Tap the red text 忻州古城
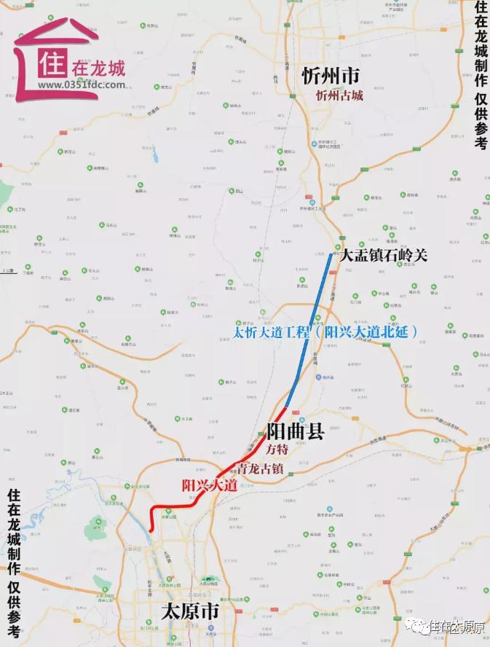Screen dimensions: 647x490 339,95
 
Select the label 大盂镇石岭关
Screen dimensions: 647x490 384,255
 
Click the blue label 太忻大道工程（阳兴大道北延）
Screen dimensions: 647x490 325,332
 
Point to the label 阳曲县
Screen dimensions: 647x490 295,431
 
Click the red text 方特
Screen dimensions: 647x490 277,450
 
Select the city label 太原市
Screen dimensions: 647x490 192,610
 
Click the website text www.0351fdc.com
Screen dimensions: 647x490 82,85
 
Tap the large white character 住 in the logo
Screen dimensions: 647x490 52,65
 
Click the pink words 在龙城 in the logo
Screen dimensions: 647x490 99,68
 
